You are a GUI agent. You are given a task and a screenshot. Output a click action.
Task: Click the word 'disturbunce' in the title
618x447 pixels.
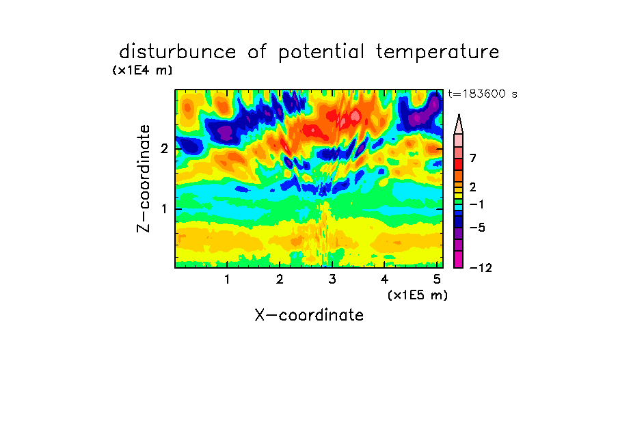point(177,51)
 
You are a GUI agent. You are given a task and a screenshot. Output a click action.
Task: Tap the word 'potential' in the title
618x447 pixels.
point(321,53)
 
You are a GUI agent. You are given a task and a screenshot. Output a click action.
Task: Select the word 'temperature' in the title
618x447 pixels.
point(438,53)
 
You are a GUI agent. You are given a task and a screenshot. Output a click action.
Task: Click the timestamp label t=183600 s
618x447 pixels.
point(483,94)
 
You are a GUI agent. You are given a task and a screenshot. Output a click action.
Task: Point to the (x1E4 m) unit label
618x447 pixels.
point(142,70)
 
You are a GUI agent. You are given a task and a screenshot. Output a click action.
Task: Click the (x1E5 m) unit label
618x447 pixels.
point(418,295)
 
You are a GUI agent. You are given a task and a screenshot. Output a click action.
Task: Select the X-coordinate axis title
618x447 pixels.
point(309,315)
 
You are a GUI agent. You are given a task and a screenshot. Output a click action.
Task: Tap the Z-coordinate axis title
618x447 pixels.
point(144,178)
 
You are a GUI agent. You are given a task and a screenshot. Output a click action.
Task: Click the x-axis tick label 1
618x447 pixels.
point(227,280)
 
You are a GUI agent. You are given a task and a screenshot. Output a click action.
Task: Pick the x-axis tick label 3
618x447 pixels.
point(332,280)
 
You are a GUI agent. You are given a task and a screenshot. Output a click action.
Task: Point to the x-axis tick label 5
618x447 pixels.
point(437,280)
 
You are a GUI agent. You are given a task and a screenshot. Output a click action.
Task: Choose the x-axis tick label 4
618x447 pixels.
point(384,280)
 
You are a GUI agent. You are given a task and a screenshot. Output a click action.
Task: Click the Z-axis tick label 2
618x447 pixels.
point(164,148)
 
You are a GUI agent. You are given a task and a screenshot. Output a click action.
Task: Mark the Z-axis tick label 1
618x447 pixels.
point(164,208)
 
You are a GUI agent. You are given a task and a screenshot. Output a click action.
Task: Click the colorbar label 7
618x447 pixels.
point(473,158)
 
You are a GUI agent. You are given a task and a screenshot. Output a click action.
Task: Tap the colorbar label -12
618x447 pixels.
point(481,268)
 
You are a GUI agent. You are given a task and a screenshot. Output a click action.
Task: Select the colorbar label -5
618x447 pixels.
point(477,228)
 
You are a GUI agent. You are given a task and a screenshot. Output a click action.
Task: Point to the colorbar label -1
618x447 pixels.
point(476,204)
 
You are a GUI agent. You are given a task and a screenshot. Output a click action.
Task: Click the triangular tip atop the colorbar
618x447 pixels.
point(459,115)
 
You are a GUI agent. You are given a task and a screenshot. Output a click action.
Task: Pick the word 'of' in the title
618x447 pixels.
point(257,52)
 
